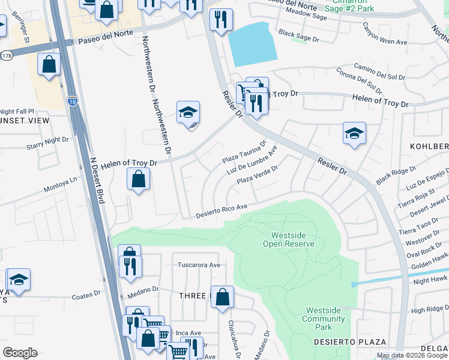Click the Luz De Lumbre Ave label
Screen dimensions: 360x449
[x=251, y=162]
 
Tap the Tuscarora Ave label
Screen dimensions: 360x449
[x=199, y=265]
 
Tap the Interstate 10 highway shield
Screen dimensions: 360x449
[x=73, y=101]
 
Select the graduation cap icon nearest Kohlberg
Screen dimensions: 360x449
[x=354, y=133]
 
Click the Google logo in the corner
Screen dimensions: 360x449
[x=20, y=353]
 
